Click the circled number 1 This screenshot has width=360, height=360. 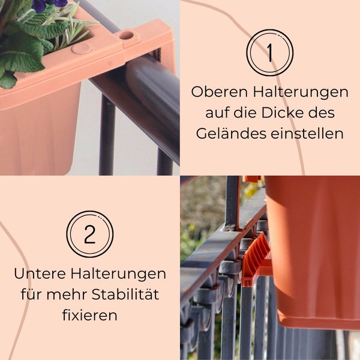[x=269, y=53]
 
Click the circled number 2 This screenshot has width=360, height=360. [x=90, y=234]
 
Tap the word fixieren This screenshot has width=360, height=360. [x=90, y=314]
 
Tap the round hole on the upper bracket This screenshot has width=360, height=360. [x=126, y=35]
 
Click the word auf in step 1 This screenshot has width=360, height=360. [x=218, y=113]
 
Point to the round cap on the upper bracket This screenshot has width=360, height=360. [x=82, y=47]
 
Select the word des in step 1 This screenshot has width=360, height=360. [x=339, y=113]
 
